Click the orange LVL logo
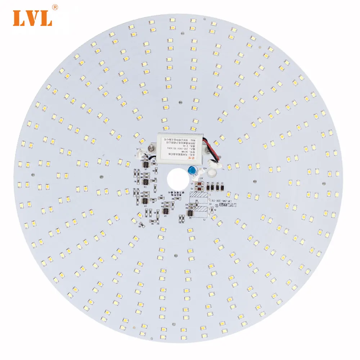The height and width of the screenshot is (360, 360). click(32, 17)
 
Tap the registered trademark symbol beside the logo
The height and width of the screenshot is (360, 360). click(55, 7)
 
